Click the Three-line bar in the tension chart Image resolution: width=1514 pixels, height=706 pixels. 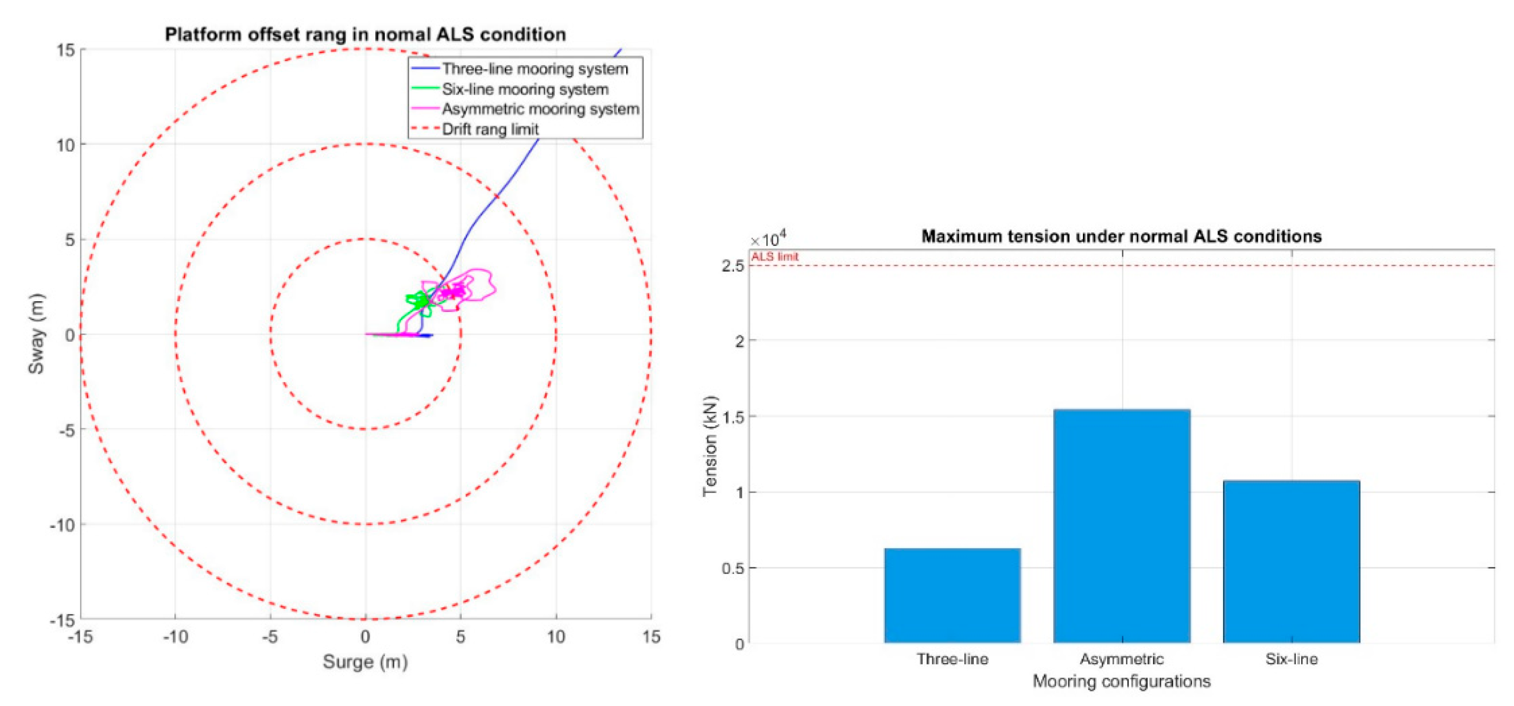952,595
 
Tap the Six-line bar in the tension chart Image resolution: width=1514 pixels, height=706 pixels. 1291,561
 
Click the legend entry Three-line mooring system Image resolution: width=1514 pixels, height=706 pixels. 535,69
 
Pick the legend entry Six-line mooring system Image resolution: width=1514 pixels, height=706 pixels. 525,89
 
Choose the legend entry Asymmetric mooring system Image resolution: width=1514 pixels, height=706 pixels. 540,109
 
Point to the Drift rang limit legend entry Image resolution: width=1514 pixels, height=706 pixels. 490,129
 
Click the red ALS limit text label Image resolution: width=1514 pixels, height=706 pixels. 774,257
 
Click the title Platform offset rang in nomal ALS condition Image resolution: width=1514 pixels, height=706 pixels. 365,35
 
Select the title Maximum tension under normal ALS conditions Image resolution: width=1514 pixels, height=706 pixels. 1121,236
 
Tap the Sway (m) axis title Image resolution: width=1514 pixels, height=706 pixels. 37,333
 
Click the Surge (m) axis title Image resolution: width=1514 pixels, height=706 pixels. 365,662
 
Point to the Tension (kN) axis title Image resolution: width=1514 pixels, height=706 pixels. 710,446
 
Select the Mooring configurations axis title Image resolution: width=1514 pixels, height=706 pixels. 1121,681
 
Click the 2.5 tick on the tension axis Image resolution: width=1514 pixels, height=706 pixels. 732,266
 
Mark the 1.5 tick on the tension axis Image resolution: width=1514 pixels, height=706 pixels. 732,417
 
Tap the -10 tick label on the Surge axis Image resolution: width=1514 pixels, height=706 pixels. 175,637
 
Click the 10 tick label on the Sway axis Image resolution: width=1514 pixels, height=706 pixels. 65,145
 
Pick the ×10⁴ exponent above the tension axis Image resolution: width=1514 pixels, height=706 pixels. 768,239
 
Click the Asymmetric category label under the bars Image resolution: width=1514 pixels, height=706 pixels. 1121,660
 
